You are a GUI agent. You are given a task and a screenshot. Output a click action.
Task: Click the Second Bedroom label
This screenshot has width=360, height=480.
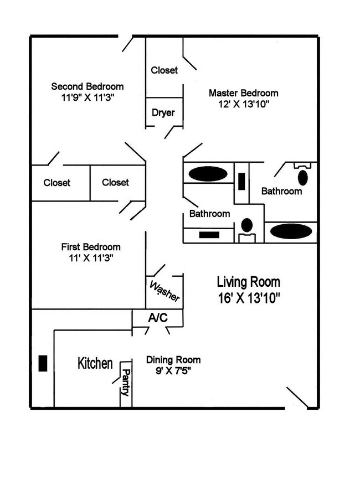click(x=87, y=86)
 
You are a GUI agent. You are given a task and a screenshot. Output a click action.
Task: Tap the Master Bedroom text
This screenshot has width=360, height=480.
click(x=243, y=93)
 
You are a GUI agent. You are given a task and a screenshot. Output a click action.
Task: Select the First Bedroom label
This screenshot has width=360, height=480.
click(x=90, y=247)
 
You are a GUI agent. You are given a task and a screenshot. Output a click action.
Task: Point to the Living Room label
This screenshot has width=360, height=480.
click(x=248, y=281)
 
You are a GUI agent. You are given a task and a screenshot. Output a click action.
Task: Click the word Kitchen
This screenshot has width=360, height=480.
click(x=95, y=364)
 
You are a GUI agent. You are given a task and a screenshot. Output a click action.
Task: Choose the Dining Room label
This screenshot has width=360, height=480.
click(x=173, y=360)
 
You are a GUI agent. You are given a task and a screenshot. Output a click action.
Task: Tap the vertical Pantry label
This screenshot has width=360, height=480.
click(x=126, y=382)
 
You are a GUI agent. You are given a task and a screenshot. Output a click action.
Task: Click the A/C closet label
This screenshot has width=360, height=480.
click(x=157, y=317)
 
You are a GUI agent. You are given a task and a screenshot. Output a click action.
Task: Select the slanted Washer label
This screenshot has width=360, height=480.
click(x=165, y=291)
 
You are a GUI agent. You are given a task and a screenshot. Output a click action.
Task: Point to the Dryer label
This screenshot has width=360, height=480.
click(x=163, y=113)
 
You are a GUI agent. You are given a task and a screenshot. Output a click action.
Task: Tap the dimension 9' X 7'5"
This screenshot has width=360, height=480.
click(x=173, y=371)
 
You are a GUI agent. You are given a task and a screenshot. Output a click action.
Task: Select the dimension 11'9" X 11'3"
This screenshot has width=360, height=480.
click(x=87, y=97)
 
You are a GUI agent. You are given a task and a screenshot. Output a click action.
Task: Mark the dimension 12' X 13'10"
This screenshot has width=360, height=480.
click(x=243, y=104)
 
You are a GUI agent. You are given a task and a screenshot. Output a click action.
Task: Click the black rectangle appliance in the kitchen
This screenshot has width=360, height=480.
click(x=42, y=363)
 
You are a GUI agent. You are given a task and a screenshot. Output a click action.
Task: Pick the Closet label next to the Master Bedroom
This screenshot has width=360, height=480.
click(x=164, y=70)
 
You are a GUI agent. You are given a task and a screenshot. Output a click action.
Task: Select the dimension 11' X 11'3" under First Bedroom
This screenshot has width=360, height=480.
click(x=90, y=257)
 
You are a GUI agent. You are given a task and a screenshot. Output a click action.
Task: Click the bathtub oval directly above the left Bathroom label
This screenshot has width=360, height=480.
click(x=208, y=174)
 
